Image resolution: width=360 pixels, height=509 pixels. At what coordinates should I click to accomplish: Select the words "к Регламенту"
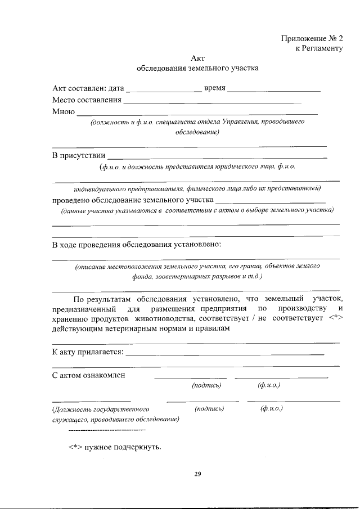click(319, 48)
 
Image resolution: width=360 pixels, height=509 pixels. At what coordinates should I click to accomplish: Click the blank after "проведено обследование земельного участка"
click(271, 200)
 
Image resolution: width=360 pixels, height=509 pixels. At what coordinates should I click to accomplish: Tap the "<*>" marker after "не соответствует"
click(335, 319)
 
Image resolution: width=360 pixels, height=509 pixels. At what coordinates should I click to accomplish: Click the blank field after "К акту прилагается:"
click(226, 353)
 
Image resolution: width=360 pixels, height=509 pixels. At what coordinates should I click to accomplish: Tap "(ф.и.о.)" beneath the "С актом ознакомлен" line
click(269, 385)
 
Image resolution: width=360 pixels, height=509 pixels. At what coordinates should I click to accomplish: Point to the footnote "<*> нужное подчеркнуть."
click(115, 447)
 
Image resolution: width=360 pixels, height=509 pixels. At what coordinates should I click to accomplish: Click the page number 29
click(197, 474)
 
